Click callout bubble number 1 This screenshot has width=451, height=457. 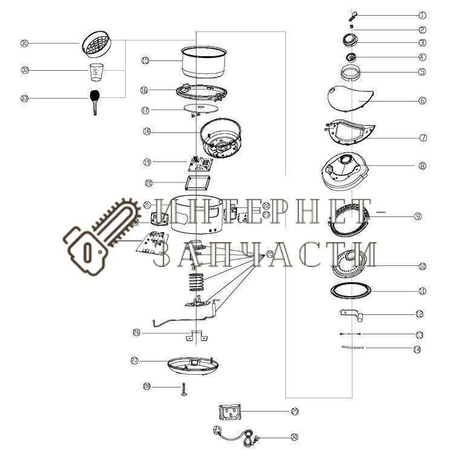(422, 15)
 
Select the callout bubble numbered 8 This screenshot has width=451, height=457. (422, 165)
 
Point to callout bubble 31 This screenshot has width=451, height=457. (25, 44)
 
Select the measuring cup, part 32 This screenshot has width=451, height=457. (97, 73)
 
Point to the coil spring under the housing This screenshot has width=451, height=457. (195, 281)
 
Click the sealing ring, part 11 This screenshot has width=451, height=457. (352, 290)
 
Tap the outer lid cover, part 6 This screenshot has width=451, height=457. (351, 98)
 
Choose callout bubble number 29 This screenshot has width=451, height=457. (294, 412)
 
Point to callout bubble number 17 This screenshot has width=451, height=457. (145, 111)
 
